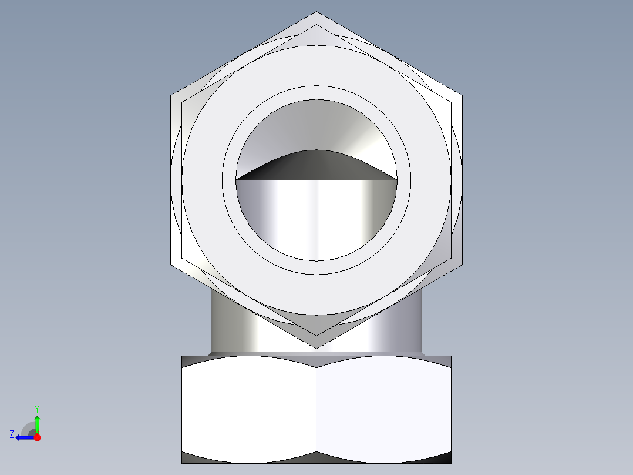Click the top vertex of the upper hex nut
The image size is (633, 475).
316,12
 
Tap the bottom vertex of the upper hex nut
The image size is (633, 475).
316,348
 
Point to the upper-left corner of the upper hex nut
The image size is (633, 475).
171,96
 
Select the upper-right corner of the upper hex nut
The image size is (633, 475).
462,96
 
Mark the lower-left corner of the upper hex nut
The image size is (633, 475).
171,265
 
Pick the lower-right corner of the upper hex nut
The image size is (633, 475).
462,265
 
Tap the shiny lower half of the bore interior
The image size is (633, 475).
316,218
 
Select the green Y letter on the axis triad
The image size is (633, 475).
36,408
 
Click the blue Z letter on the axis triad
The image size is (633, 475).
12,434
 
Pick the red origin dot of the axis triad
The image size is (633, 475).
37,437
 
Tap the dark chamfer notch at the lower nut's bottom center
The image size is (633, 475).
316,457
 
